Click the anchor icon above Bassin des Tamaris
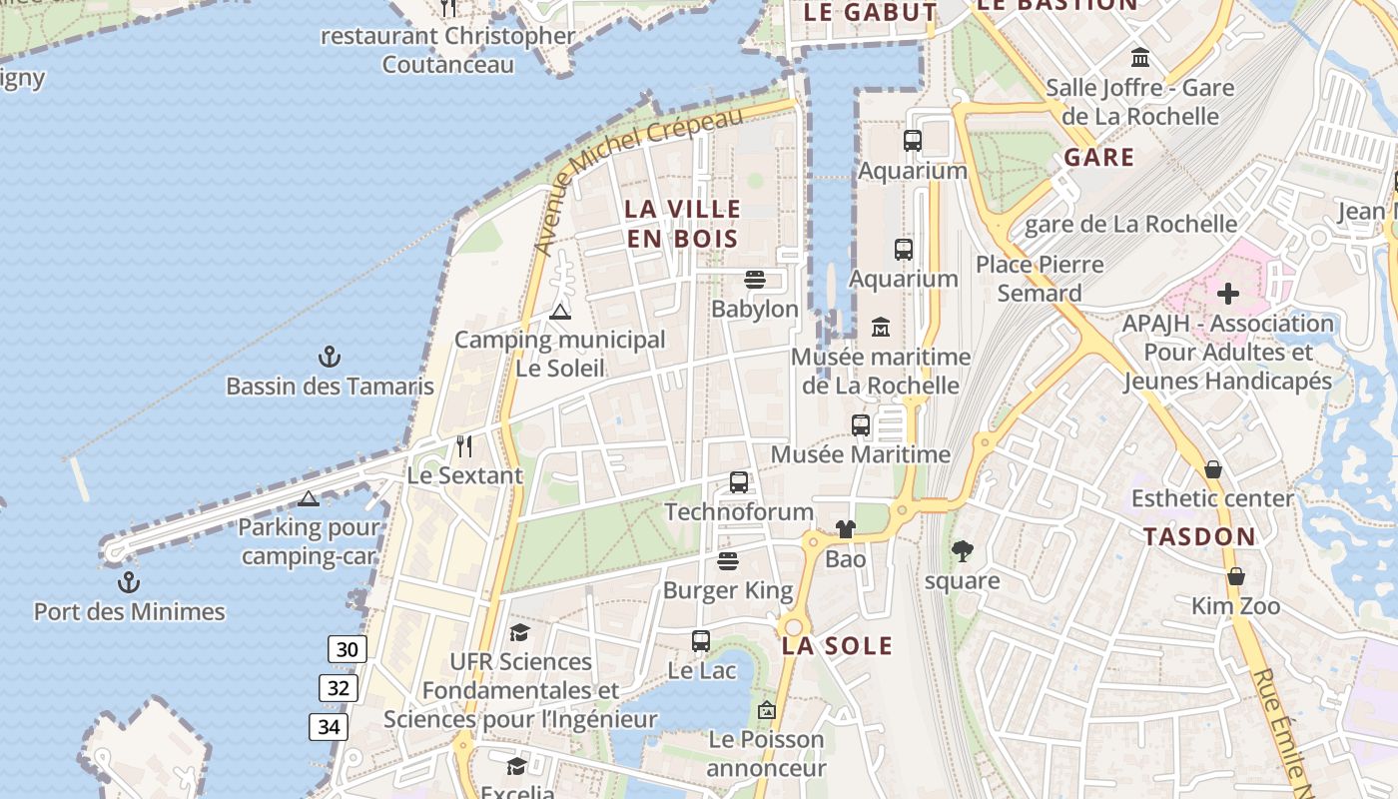tap(330, 357)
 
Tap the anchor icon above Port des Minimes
tap(129, 582)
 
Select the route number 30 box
tap(347, 649)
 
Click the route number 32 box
tap(340, 687)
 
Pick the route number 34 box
tap(330, 726)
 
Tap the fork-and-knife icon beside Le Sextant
tap(463, 445)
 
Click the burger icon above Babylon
tap(754, 280)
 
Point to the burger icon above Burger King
tap(728, 561)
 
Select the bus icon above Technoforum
tap(739, 482)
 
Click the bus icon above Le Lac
tap(701, 641)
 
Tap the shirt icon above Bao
tap(846, 529)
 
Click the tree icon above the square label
tap(963, 550)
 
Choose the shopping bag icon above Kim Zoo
tap(1236, 576)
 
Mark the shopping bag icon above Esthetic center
tap(1213, 468)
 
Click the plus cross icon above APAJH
tap(1228, 294)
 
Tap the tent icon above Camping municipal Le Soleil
tap(560, 311)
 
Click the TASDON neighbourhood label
tap(1199, 536)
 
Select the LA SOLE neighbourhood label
tap(837, 645)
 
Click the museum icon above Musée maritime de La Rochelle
tap(881, 327)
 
